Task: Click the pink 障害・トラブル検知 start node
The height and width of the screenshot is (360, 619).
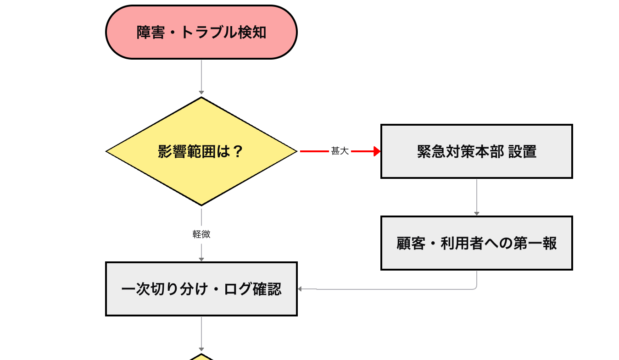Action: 201,32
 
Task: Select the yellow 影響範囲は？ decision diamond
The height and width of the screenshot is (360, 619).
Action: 201,151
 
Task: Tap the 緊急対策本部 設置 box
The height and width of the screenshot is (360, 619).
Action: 477,151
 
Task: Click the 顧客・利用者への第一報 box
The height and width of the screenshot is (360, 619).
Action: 477,243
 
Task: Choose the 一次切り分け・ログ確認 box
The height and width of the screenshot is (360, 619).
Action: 201,289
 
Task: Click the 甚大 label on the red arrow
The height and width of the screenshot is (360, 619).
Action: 340,151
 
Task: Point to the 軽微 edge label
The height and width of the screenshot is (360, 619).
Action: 201,234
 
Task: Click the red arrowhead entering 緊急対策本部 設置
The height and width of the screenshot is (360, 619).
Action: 377,151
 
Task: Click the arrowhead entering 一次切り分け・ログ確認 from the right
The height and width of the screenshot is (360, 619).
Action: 301,289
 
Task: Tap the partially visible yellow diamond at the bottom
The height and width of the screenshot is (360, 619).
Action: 201,357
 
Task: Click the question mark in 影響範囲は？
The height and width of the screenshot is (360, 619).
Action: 237,152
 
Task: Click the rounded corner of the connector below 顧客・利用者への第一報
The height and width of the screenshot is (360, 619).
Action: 475,288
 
